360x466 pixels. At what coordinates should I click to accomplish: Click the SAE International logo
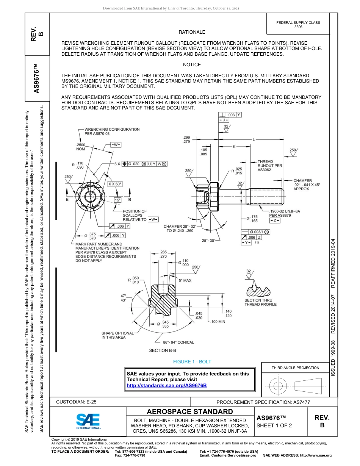(88, 421)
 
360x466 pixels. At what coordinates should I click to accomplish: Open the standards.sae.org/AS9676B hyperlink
(167, 385)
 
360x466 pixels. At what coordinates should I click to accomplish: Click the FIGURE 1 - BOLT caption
(192, 362)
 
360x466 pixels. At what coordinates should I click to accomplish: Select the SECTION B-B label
(163, 350)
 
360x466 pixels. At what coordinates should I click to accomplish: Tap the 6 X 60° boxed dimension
(115, 184)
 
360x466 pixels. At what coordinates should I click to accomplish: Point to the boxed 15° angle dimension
(117, 200)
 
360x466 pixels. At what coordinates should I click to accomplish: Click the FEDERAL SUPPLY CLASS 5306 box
(298, 25)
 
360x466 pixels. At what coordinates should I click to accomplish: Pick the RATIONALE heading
(192, 32)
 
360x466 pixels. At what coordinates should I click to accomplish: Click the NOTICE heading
(192, 65)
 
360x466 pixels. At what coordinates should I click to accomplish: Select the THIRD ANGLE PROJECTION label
(295, 367)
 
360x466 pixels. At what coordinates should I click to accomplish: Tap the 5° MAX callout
(185, 281)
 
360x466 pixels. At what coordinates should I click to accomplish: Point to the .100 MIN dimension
(218, 322)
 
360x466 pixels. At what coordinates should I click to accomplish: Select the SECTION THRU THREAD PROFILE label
(260, 302)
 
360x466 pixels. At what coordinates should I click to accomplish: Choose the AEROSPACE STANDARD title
(190, 412)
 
